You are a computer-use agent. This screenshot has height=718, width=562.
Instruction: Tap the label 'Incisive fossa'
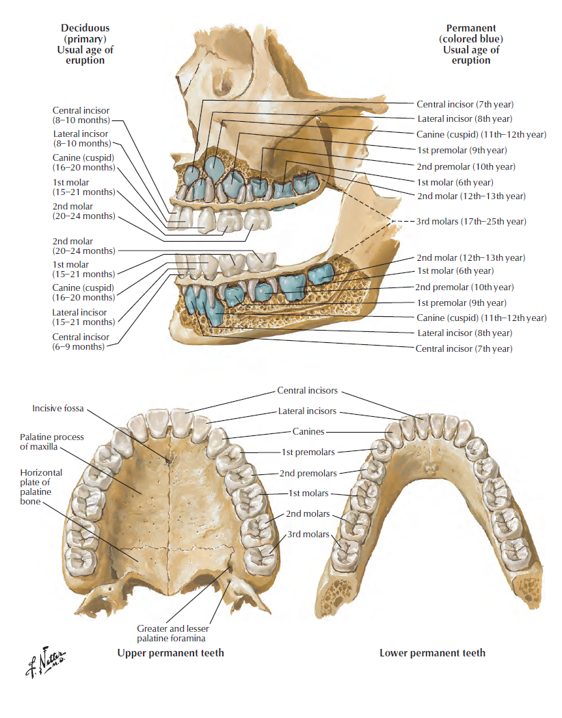58,409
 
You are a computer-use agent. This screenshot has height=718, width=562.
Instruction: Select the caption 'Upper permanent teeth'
170,653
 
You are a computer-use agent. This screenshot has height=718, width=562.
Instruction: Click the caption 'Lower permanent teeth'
432,653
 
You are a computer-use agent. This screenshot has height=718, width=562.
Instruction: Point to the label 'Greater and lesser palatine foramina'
172,633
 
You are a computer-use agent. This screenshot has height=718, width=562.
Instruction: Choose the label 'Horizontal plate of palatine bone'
41,487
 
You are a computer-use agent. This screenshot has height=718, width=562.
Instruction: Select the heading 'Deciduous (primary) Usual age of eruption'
85,44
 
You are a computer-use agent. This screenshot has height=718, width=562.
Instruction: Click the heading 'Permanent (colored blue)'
471,34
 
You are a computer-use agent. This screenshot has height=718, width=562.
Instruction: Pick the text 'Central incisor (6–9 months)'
80,342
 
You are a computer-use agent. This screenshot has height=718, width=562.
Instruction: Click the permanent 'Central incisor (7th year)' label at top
465,104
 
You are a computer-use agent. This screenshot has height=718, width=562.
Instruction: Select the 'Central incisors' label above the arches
307,391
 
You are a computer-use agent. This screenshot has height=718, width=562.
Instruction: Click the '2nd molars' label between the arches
308,514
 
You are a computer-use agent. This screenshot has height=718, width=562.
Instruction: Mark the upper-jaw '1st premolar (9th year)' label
461,150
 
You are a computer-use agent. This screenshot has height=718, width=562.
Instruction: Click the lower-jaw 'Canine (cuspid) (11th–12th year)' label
481,318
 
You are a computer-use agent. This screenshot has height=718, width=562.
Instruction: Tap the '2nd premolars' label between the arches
308,474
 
